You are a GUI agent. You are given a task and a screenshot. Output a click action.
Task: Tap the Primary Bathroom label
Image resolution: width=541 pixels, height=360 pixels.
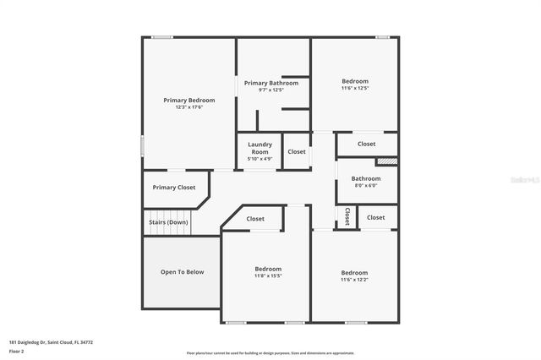271,83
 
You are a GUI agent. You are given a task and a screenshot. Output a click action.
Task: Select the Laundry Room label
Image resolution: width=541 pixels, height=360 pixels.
260,148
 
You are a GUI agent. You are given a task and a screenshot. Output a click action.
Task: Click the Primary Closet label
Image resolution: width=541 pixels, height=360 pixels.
174,187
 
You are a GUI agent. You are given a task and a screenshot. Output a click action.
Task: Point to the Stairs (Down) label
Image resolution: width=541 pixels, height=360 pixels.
167,222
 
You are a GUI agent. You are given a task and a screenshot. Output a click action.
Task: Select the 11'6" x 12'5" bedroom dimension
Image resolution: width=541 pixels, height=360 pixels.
355,88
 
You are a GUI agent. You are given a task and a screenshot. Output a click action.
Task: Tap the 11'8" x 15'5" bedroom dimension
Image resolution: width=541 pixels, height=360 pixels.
268,275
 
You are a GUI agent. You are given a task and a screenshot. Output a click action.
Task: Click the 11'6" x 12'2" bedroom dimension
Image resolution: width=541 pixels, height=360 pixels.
354,279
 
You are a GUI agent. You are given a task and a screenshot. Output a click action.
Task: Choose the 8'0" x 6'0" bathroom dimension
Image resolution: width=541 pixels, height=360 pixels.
366,185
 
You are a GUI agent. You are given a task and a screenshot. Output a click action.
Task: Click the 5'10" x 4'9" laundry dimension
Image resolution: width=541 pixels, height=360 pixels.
260,158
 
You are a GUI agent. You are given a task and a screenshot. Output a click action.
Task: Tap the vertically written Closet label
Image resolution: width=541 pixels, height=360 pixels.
347,217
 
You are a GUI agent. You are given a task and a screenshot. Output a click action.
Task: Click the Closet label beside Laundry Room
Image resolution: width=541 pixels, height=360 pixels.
297,151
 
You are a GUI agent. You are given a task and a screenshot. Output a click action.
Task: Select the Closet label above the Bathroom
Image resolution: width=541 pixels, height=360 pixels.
366,144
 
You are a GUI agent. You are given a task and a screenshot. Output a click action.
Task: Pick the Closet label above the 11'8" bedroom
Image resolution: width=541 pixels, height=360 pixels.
255,219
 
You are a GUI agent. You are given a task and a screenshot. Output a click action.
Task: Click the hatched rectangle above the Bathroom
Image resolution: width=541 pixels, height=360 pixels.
386,161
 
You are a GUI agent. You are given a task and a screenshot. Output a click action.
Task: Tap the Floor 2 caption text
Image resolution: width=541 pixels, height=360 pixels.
17,350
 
